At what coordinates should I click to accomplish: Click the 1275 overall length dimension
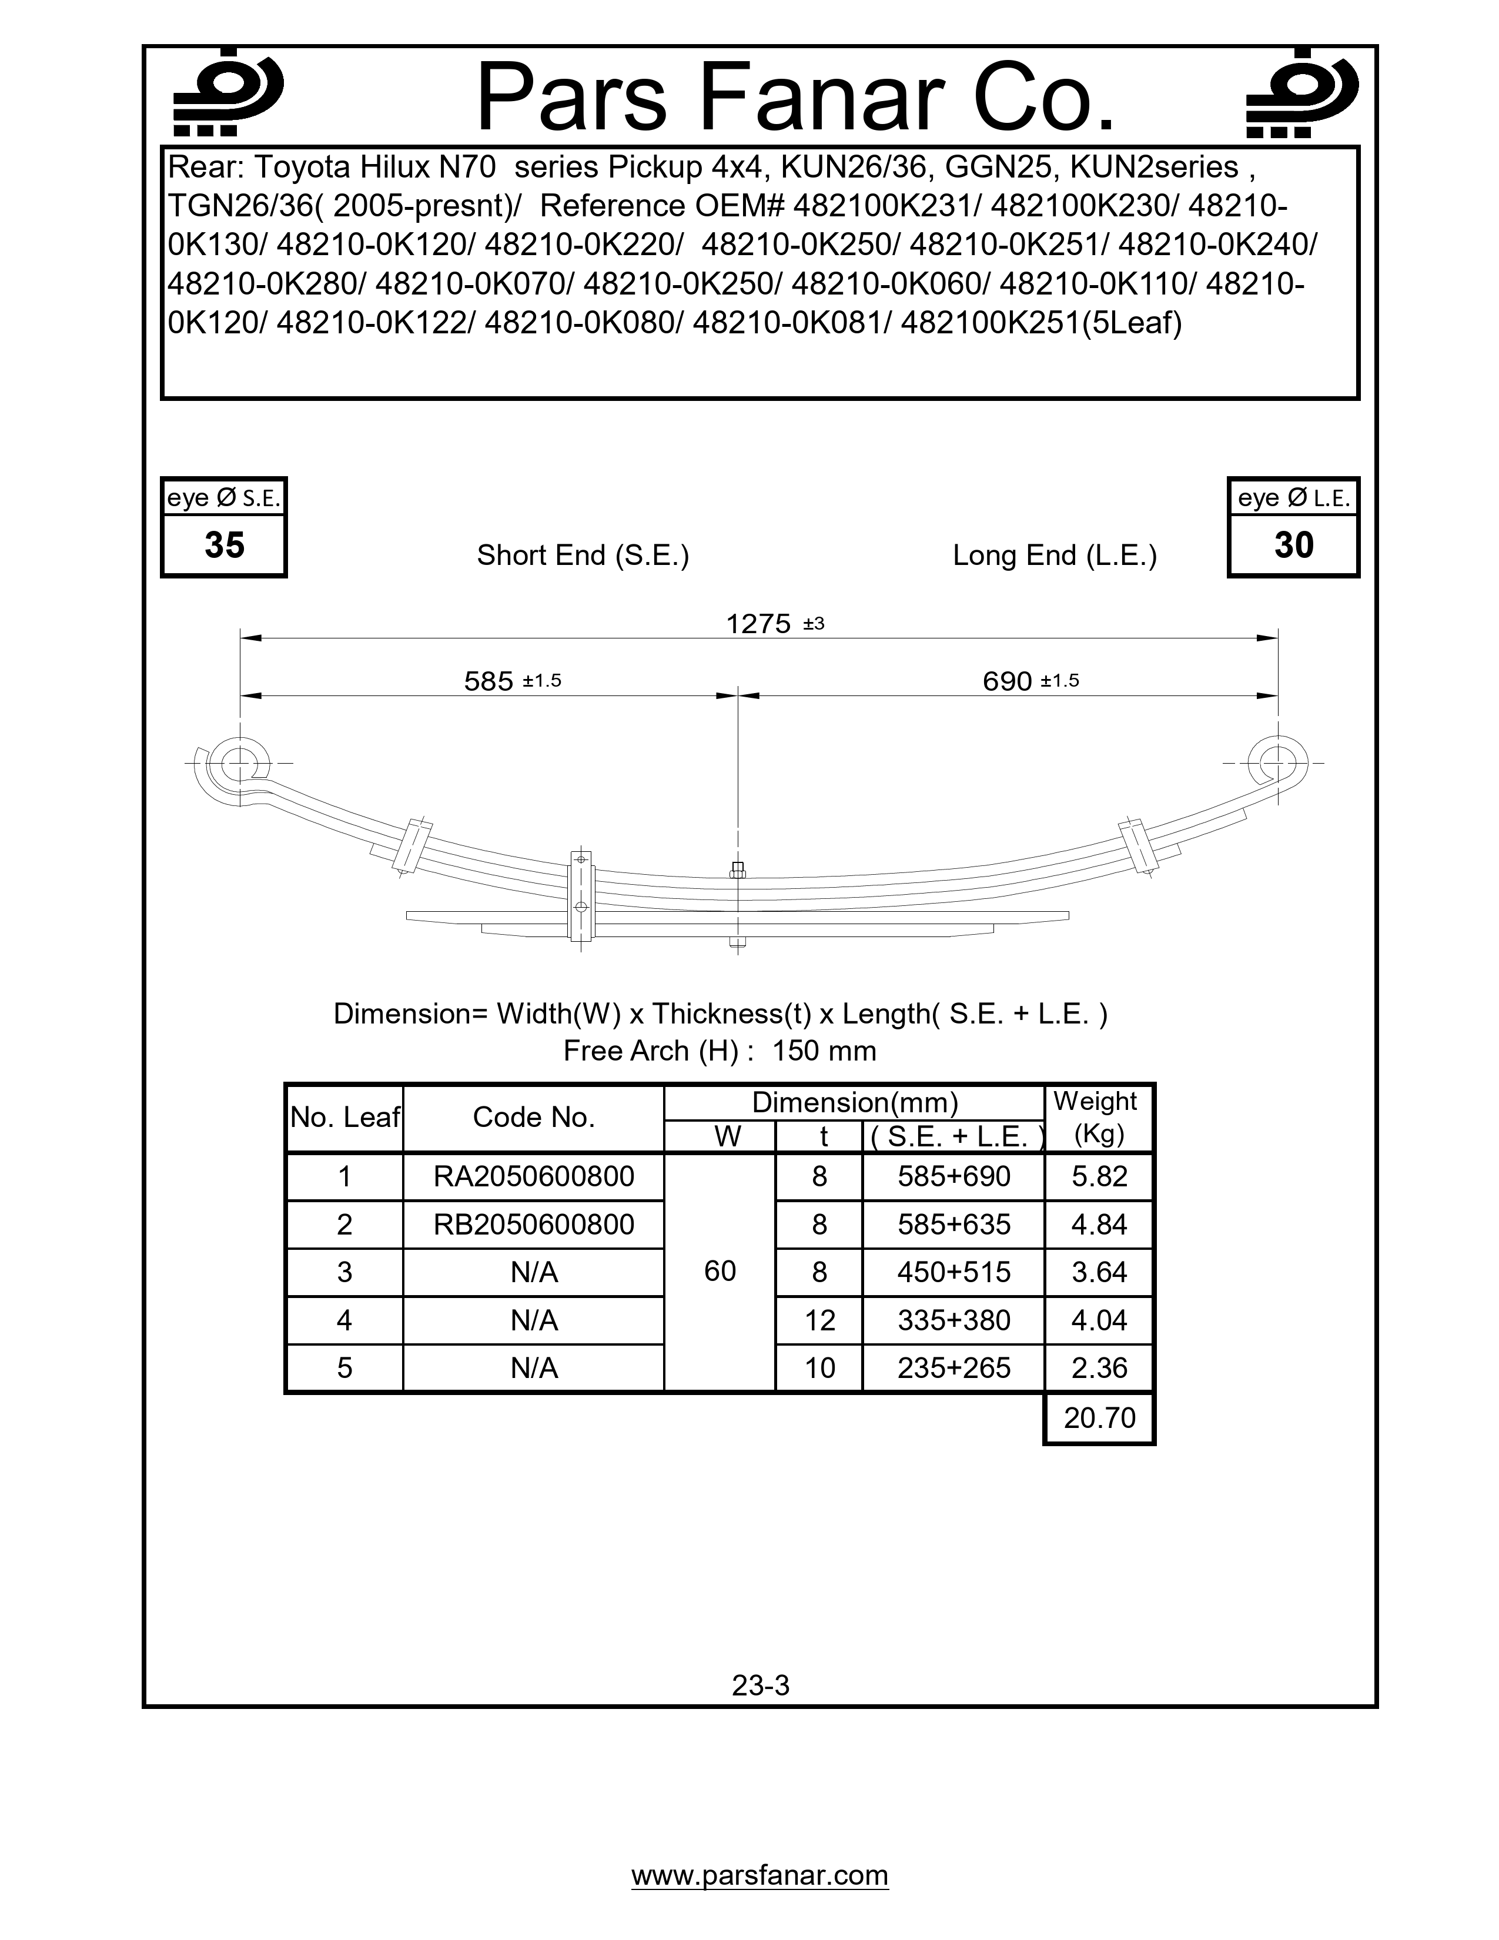[x=758, y=624]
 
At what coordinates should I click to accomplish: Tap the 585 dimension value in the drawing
[x=489, y=681]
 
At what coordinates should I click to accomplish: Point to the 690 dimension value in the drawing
[x=1007, y=681]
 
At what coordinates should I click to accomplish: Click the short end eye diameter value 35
[x=224, y=544]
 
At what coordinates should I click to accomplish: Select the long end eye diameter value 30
[x=1293, y=544]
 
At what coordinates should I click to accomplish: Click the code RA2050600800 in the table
[x=534, y=1176]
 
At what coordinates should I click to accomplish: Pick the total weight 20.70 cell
[x=1099, y=1418]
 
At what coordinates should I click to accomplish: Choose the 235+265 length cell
[x=953, y=1368]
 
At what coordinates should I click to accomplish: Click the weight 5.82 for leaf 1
[x=1099, y=1176]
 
